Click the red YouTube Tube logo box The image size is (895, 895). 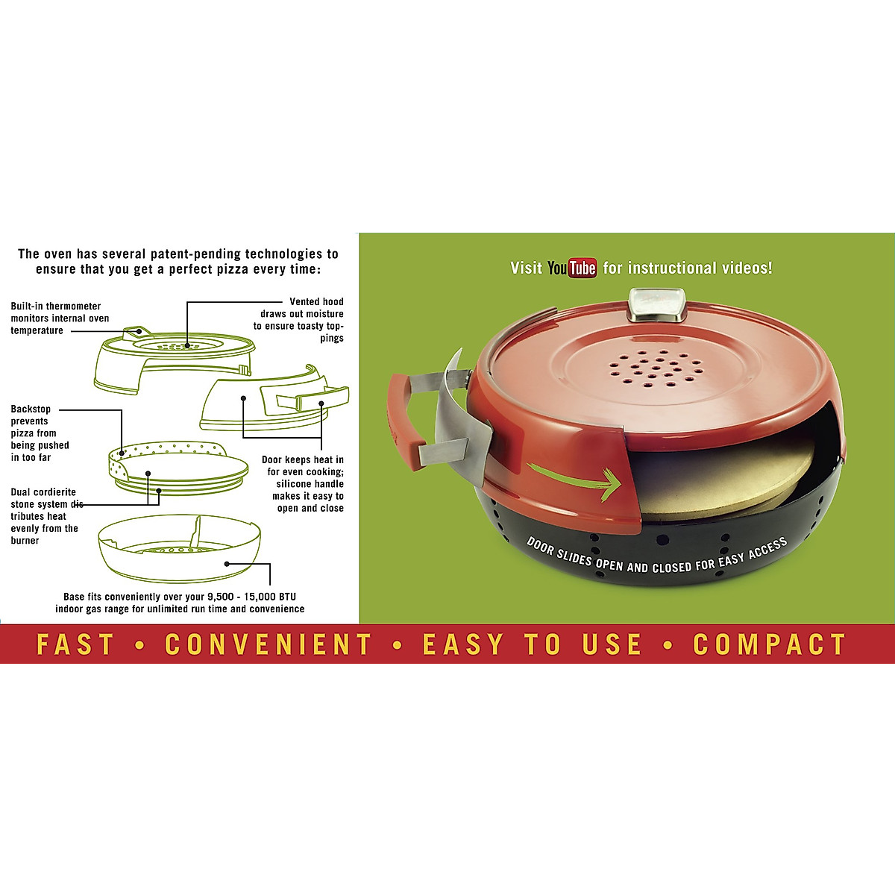point(582,268)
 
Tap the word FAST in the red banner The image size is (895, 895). point(75,644)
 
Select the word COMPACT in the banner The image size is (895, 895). point(769,644)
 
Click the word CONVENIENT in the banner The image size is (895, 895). point(268,644)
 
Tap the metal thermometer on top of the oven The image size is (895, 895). point(657,305)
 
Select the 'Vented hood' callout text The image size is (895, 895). point(316,302)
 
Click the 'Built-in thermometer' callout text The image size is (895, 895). point(56,307)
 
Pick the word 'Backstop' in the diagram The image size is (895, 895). point(31,409)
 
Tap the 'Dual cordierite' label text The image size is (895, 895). point(43,492)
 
